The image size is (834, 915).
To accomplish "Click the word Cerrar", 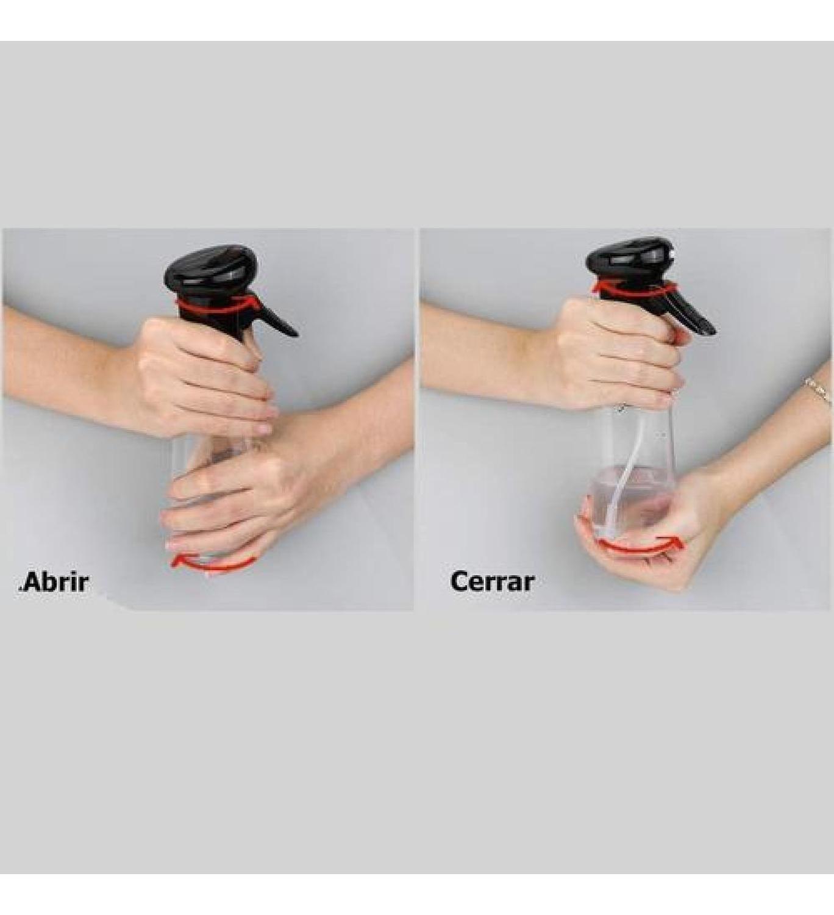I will pyautogui.click(x=492, y=581).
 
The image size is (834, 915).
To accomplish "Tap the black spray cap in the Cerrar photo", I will pyautogui.click(x=629, y=257).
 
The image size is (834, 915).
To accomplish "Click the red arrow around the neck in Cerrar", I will pyautogui.click(x=634, y=288).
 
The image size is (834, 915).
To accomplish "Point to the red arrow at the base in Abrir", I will pyautogui.click(x=210, y=564).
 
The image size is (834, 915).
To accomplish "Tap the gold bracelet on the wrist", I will pyautogui.click(x=818, y=390).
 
